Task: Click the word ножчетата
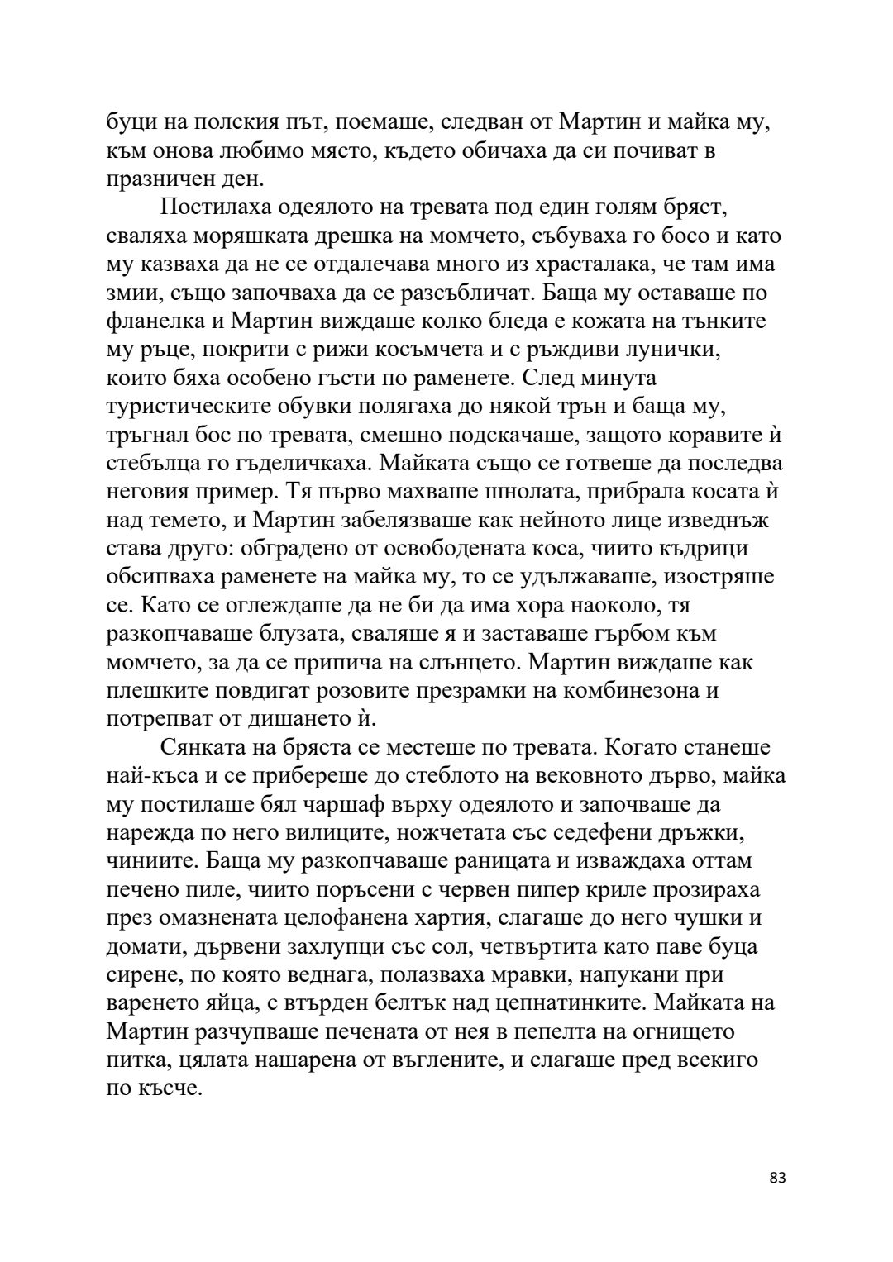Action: click(466, 833)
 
